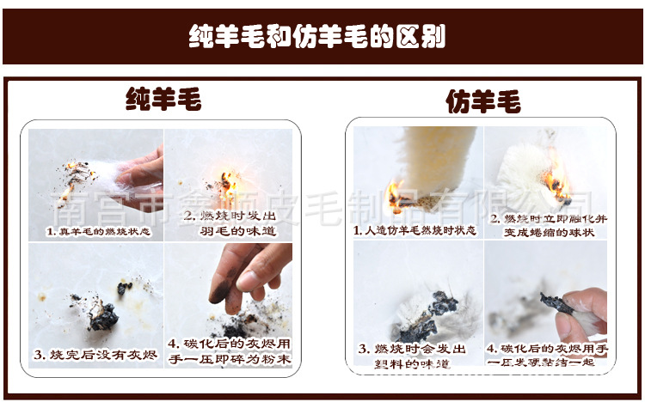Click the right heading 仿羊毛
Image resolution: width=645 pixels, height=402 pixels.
click(482, 102)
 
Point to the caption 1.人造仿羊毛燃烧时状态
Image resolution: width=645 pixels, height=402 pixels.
click(415, 231)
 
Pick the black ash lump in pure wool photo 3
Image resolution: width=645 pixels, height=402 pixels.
click(104, 316)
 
